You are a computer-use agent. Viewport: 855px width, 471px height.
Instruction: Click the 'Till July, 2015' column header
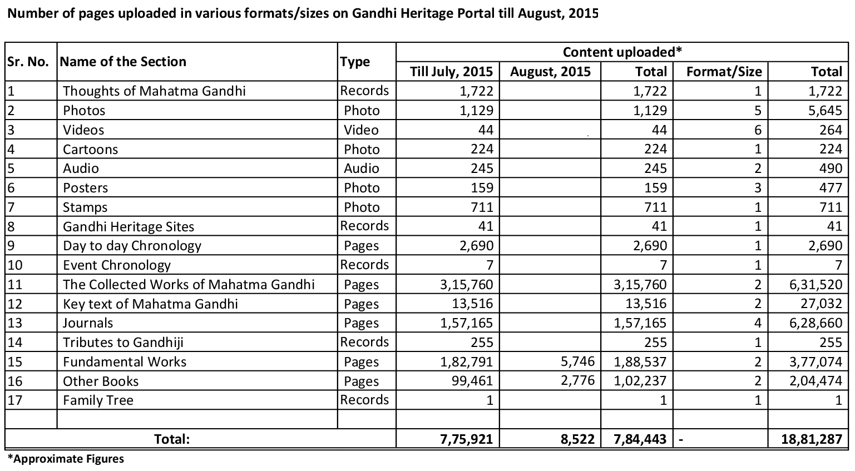(451, 72)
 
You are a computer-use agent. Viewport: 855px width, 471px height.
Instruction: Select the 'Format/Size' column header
(724, 72)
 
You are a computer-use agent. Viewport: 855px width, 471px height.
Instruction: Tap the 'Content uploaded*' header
(622, 52)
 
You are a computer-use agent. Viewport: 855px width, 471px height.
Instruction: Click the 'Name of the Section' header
(123, 62)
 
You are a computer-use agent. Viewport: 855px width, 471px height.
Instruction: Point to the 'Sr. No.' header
(29, 62)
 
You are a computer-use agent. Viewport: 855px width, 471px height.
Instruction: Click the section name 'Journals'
(88, 323)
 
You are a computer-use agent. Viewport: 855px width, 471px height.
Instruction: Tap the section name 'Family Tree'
(98, 400)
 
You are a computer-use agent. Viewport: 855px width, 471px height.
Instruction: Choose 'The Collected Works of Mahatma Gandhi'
(189, 285)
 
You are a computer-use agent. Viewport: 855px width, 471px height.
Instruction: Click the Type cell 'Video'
(361, 130)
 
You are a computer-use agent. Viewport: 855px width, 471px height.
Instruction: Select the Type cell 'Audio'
(361, 168)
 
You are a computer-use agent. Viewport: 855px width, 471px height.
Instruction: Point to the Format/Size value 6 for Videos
(757, 130)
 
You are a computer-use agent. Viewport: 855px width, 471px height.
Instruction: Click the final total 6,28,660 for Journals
(817, 323)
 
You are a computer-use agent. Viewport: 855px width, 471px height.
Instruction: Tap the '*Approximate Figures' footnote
(66, 459)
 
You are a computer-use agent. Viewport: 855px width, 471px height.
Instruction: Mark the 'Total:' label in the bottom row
(172, 439)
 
